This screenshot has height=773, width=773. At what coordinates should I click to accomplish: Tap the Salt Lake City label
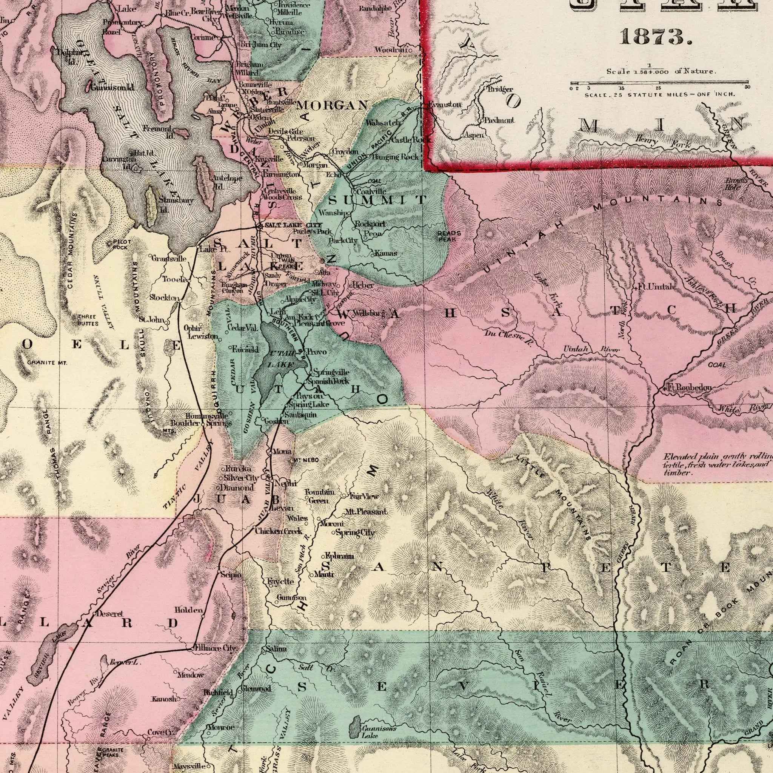click(x=293, y=226)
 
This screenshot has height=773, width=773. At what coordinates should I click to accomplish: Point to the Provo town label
click(x=317, y=352)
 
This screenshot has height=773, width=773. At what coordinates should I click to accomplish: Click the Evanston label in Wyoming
click(x=445, y=105)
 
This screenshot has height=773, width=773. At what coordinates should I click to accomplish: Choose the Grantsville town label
click(x=168, y=259)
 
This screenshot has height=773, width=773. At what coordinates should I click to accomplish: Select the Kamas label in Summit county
click(x=386, y=253)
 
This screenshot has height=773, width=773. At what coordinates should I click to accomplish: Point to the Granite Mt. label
click(x=47, y=363)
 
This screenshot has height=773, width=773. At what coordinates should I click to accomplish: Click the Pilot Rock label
click(x=119, y=245)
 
